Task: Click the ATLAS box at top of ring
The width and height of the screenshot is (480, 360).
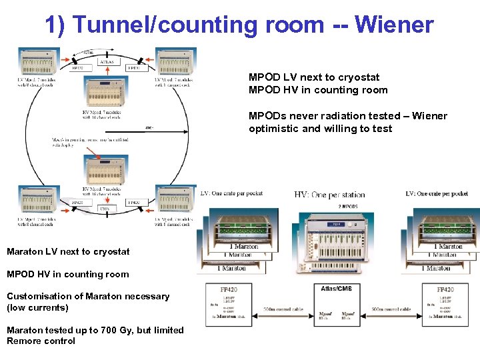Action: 107,62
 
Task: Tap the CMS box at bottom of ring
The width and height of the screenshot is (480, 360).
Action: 106,209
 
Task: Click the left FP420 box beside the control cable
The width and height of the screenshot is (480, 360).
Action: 229,304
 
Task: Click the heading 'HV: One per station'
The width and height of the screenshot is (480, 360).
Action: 329,195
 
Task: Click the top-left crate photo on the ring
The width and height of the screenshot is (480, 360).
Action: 39,61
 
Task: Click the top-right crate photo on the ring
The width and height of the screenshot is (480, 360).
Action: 175,61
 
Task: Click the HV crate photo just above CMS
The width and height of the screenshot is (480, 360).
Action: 106,171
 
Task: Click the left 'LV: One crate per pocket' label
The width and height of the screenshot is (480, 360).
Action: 231,194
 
